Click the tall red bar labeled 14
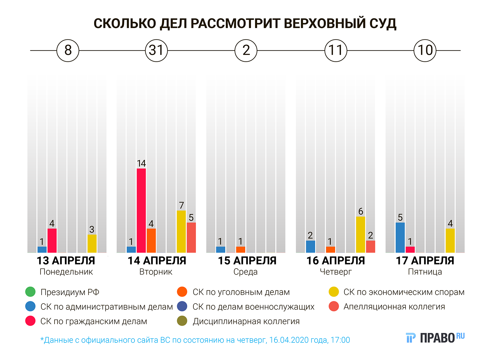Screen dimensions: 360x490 click(x=141, y=211)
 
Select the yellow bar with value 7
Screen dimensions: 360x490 click(x=181, y=231)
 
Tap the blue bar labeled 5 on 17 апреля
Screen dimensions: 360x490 click(x=400, y=238)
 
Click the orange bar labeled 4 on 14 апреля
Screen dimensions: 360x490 click(x=151, y=241)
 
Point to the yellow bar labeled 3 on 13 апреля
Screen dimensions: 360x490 click(x=92, y=243)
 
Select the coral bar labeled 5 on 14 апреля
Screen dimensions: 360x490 click(x=191, y=238)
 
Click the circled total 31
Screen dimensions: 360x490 click(x=156, y=51)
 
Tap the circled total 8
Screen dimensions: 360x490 click(x=68, y=51)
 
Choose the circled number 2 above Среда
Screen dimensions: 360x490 click(x=246, y=51)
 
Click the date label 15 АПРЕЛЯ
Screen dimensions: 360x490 click(x=247, y=261)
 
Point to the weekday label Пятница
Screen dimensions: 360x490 click(x=425, y=272)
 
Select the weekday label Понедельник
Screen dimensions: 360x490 click(x=66, y=272)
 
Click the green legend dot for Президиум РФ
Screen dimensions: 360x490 click(x=30, y=292)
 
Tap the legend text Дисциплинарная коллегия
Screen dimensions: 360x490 click(x=246, y=321)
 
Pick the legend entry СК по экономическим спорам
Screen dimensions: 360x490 click(x=404, y=292)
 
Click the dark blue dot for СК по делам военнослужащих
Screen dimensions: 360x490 click(x=182, y=306)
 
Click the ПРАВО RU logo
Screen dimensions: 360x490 click(x=435, y=337)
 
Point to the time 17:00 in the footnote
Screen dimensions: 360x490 click(x=340, y=340)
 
